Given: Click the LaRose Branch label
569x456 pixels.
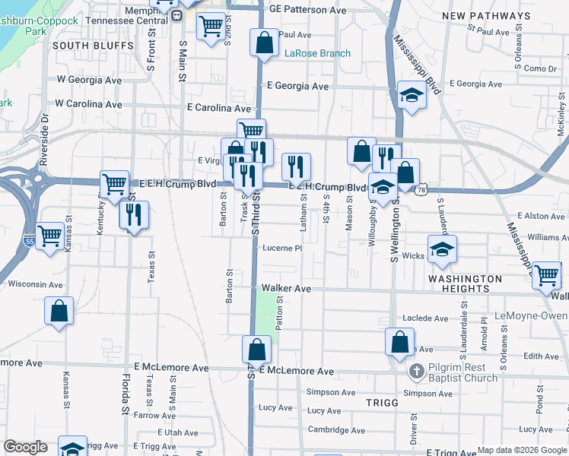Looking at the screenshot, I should click(x=317, y=53).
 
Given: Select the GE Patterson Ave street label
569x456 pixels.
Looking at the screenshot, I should click(x=308, y=10).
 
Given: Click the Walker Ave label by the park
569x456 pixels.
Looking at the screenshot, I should click(x=287, y=289).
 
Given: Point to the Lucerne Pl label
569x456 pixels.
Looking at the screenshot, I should click(x=283, y=248).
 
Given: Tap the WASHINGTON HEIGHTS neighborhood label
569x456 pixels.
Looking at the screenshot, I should click(x=465, y=283).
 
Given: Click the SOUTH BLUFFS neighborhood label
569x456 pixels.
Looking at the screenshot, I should click(x=87, y=46).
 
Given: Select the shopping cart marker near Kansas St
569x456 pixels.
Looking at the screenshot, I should click(x=49, y=236).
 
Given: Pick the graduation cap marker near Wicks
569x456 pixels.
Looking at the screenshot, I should click(x=441, y=250).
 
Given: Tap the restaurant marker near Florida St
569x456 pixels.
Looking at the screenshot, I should click(x=133, y=214).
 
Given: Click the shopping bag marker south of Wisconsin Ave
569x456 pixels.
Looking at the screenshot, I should click(x=59, y=312).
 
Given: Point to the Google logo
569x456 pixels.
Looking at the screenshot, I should click(x=25, y=447).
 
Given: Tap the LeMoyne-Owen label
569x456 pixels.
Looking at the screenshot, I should click(x=537, y=315).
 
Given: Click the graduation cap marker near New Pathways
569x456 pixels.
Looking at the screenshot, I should click(x=412, y=96).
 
